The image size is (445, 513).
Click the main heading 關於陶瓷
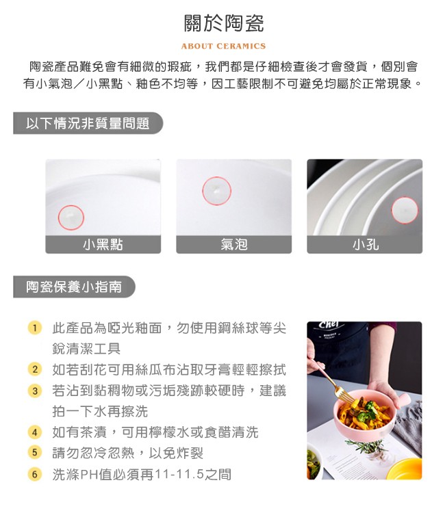pyautogui.click(x=224, y=23)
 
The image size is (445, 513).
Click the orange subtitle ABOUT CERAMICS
pyautogui.click(x=223, y=46)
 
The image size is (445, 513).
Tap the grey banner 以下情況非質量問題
pyautogui.click(x=88, y=123)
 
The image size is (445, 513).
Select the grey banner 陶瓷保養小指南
pyautogui.click(x=74, y=287)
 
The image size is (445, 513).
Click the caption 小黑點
pyautogui.click(x=103, y=244)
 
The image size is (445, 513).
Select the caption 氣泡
pyautogui.click(x=234, y=244)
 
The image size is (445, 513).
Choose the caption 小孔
pyautogui.click(x=365, y=244)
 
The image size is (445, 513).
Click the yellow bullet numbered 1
pyautogui.click(x=35, y=328)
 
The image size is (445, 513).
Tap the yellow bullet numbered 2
pyautogui.click(x=35, y=369)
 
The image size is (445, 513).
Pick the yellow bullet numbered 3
pyautogui.click(x=35, y=391)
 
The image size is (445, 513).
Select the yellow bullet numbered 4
pyautogui.click(x=35, y=432)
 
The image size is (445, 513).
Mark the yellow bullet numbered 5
pyautogui.click(x=35, y=453)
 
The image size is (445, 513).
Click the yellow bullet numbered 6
pyautogui.click(x=35, y=474)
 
